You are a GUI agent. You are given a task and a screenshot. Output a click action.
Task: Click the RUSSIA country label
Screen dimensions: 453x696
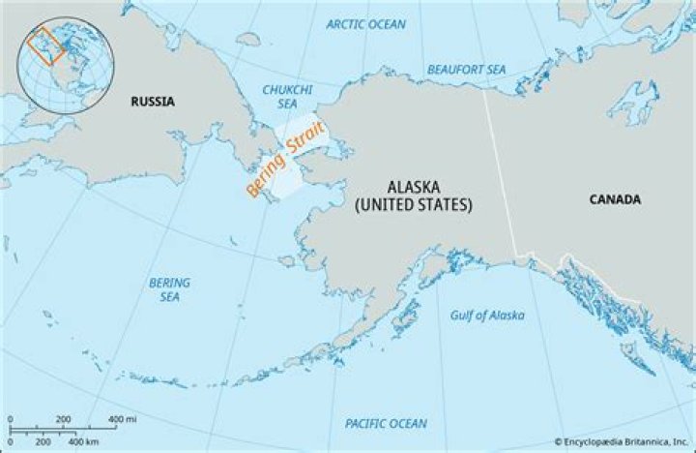click(154, 100)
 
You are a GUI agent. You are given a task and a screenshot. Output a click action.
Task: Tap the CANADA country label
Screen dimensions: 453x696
click(615, 199)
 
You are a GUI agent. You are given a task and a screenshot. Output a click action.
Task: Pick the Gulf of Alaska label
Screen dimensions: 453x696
click(487, 316)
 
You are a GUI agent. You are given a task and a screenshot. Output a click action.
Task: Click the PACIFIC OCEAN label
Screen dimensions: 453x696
click(386, 424)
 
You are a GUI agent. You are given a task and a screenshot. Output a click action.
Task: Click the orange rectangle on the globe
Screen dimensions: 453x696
click(45, 45)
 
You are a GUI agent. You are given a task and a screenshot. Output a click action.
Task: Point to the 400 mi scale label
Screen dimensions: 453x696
click(122, 418)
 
